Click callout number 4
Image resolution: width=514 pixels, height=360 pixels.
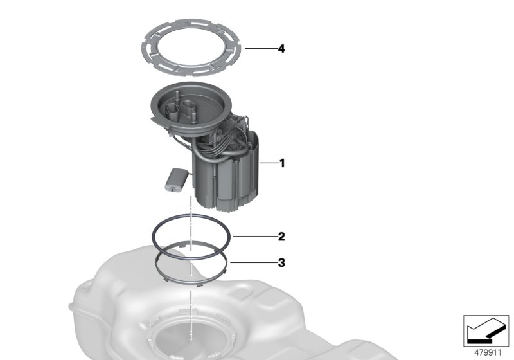(x=281, y=49)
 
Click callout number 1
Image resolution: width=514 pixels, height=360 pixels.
(x=282, y=163)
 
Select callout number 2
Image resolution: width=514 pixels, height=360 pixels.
(x=281, y=237)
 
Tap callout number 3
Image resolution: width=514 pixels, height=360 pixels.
(x=281, y=263)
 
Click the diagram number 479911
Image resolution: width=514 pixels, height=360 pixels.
(x=488, y=353)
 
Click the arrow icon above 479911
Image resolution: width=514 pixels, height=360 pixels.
(x=486, y=331)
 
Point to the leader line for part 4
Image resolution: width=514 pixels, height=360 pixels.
(x=260, y=49)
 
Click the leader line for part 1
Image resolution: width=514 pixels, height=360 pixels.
(x=269, y=163)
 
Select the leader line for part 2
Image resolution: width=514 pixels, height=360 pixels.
(x=254, y=237)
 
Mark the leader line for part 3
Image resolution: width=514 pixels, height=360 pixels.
(x=253, y=263)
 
